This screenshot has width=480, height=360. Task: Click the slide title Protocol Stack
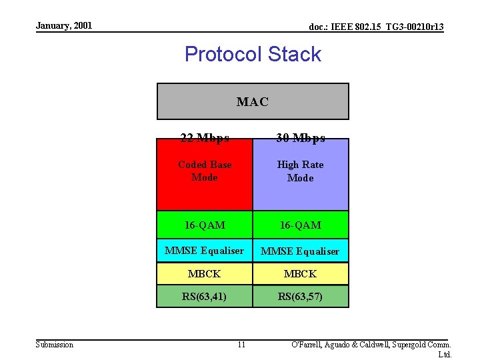pos(253,54)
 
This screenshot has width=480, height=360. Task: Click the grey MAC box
pos(253,101)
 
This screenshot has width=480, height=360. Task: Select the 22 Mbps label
pos(205,138)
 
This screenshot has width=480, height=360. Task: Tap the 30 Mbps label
pos(301,138)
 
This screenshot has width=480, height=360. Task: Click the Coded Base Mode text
pos(205,171)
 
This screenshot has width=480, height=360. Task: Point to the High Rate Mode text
pos(301,171)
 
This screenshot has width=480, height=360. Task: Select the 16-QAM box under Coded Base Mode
pos(205,225)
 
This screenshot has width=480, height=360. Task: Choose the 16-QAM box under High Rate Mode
pos(301,225)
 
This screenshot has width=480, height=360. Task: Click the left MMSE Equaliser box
pos(205,251)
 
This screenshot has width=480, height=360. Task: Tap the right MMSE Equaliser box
pos(301,251)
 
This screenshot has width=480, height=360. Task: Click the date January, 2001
pos(64,26)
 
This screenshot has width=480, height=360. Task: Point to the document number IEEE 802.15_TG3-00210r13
pos(377,27)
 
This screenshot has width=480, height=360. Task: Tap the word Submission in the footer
pos(55,344)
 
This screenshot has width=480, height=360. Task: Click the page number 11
pos(241,344)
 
